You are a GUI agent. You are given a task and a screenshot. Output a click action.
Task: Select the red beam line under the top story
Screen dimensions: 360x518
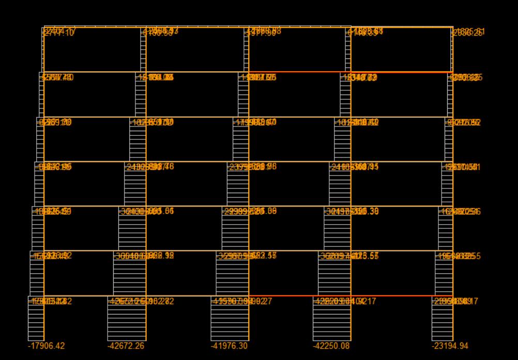pyautogui.click(x=300, y=72)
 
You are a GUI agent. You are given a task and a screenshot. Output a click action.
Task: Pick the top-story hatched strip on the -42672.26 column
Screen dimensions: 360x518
pyautogui.click(x=144, y=50)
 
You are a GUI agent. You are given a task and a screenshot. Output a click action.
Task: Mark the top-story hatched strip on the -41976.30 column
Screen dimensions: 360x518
pyautogui.click(x=247, y=50)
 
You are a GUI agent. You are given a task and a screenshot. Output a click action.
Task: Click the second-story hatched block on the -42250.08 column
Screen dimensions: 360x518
pyautogui.click(x=334, y=273)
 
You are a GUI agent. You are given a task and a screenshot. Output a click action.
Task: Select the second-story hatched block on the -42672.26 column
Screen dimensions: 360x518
pyautogui.click(x=130, y=273)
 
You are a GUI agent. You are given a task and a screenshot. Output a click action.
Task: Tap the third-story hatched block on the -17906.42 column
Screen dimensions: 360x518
pyautogui.click(x=38, y=228)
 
